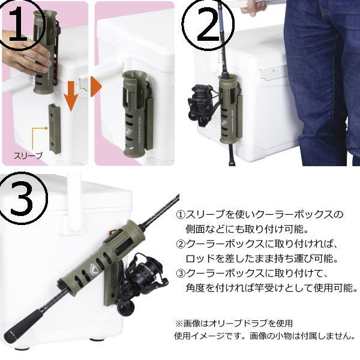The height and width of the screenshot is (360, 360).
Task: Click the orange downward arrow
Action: (x=71, y=96)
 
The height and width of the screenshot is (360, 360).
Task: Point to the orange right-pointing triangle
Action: (x=95, y=86)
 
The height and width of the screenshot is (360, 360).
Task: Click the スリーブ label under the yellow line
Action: (x=28, y=155)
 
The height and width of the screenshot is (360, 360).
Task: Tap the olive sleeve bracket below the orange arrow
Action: (x=55, y=128)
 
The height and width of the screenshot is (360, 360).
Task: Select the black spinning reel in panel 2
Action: (x=202, y=106)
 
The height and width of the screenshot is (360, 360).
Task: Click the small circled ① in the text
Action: (x=181, y=215)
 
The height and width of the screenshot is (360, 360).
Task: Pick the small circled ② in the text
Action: (x=181, y=244)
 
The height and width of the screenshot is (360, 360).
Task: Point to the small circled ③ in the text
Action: (x=181, y=274)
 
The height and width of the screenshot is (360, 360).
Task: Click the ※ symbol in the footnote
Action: (x=179, y=324)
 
